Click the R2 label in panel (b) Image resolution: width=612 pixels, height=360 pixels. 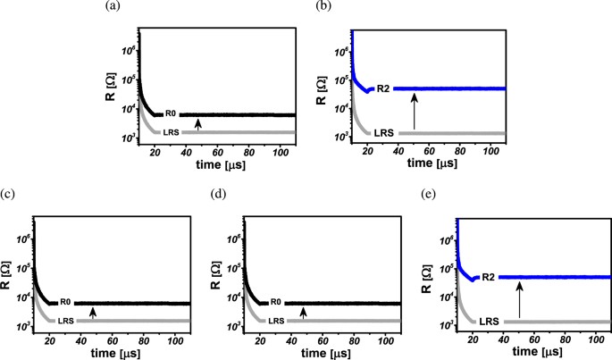[x=381, y=88]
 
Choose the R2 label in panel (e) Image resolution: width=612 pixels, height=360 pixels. [x=489, y=277]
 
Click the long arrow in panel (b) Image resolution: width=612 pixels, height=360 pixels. [x=414, y=111]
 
